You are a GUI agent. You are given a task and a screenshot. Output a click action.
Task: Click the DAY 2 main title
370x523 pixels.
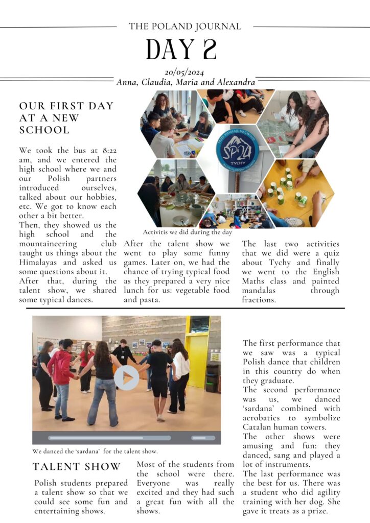pos(181,49)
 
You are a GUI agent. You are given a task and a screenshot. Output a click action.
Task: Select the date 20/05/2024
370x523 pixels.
pos(185,73)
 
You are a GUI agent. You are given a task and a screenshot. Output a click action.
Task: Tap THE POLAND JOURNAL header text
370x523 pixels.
pos(185,26)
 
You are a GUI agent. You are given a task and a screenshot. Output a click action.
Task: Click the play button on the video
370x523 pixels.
pos(126,377)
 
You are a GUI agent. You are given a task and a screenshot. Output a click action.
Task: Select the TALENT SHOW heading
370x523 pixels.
pos(77,466)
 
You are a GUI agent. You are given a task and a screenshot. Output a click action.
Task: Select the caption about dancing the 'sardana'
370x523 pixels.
pos(95,451)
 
